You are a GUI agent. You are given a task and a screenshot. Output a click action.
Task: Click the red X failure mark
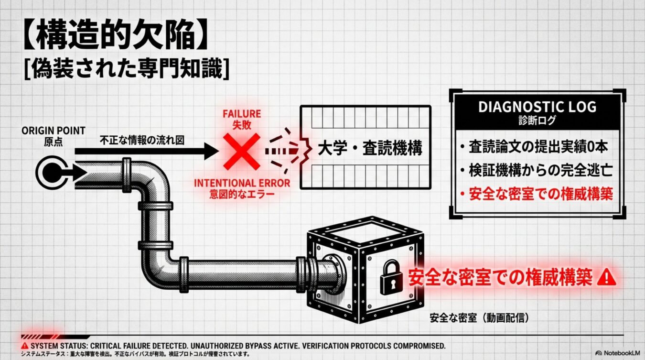pyautogui.click(x=242, y=152)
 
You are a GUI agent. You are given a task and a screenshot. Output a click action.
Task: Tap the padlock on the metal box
pyautogui.click(x=391, y=277)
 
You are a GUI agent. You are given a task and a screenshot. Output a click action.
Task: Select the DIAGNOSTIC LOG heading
pyautogui.click(x=537, y=107)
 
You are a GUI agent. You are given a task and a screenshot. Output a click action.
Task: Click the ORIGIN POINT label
pyautogui.click(x=54, y=131)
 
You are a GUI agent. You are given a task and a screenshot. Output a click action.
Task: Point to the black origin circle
pyautogui.click(x=52, y=173)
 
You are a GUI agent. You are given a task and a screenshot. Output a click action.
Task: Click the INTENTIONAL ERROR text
pyautogui.click(x=242, y=183)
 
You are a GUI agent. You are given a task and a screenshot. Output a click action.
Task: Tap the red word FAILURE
pyautogui.click(x=242, y=114)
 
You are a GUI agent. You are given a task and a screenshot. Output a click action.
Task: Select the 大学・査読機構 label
pyautogui.click(x=370, y=148)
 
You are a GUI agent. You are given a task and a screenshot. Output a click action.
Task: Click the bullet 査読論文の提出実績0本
pyautogui.click(x=534, y=147)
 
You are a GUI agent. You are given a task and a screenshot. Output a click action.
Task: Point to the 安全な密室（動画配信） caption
pyautogui.click(x=479, y=318)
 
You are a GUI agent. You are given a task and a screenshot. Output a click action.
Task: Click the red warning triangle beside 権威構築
pyautogui.click(x=606, y=277)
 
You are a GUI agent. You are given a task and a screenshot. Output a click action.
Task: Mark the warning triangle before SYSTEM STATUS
pyautogui.click(x=25, y=346)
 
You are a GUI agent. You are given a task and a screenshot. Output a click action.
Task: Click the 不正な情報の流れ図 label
pyautogui.click(x=142, y=141)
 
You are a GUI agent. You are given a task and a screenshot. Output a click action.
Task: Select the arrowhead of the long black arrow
pyautogui.click(x=211, y=151)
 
